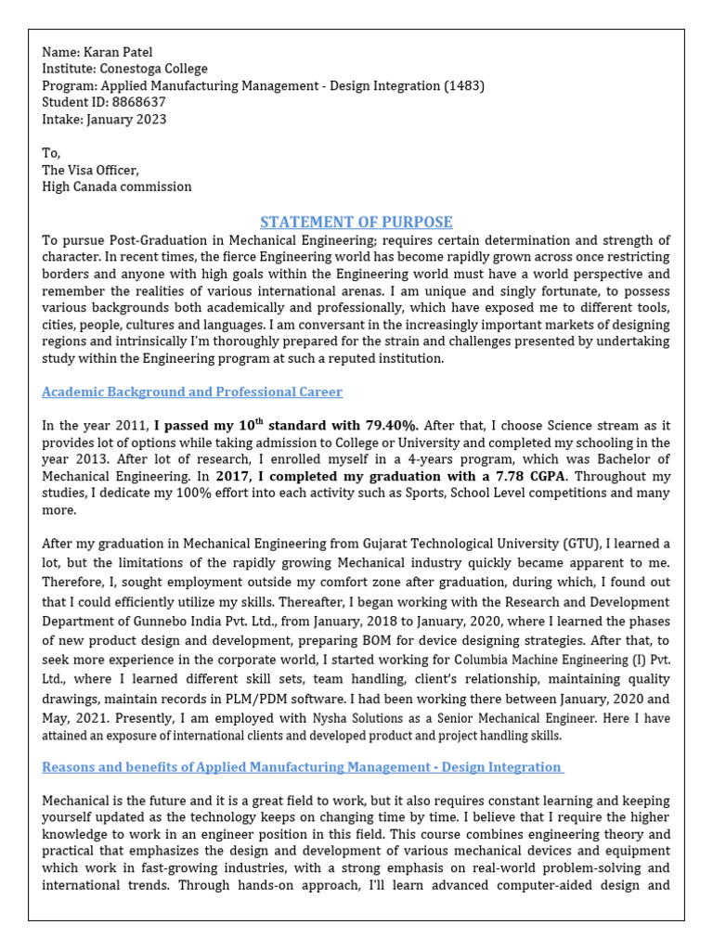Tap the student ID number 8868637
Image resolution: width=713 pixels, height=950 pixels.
pyautogui.click(x=137, y=103)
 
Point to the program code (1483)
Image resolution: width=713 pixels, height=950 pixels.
pyautogui.click(x=464, y=86)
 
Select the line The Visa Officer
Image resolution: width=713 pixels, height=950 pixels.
pyautogui.click(x=90, y=170)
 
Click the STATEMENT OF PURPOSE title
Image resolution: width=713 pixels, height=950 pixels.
pyautogui.click(x=356, y=222)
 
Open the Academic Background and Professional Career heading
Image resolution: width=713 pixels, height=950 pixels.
pyautogui.click(x=192, y=392)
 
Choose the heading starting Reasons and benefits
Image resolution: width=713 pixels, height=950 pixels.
pyautogui.click(x=302, y=767)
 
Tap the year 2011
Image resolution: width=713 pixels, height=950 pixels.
pyautogui.click(x=133, y=426)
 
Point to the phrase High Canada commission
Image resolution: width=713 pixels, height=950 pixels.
pyautogui.click(x=117, y=186)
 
